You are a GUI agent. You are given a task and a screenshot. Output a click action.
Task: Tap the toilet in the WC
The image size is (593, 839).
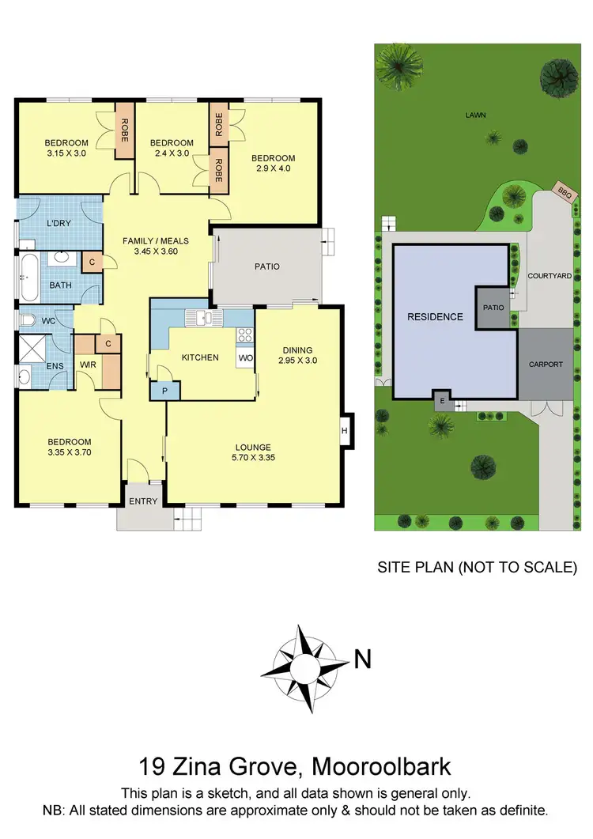(x=28, y=319)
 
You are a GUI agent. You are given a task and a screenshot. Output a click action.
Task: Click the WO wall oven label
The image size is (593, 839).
(x=245, y=357)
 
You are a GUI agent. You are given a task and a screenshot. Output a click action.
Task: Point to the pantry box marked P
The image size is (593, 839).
(x=165, y=391)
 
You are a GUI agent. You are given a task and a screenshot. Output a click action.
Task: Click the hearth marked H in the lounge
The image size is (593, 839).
(x=345, y=430)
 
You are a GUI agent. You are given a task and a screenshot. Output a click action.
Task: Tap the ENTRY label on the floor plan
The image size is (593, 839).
(x=143, y=501)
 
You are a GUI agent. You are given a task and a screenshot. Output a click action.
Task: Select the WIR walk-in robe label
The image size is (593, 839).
(x=87, y=365)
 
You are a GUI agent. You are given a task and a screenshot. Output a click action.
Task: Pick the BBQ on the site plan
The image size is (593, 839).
(x=565, y=191)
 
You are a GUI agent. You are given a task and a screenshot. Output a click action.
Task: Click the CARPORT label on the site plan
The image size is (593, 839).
(x=546, y=365)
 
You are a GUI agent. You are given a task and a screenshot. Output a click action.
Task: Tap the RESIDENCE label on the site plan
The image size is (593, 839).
(x=435, y=317)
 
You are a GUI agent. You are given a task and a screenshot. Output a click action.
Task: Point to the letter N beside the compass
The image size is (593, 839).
(x=362, y=659)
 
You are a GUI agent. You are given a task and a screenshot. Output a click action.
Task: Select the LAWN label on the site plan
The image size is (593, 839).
(x=475, y=115)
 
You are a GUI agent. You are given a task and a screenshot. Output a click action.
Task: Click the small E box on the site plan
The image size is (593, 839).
(x=441, y=401)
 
